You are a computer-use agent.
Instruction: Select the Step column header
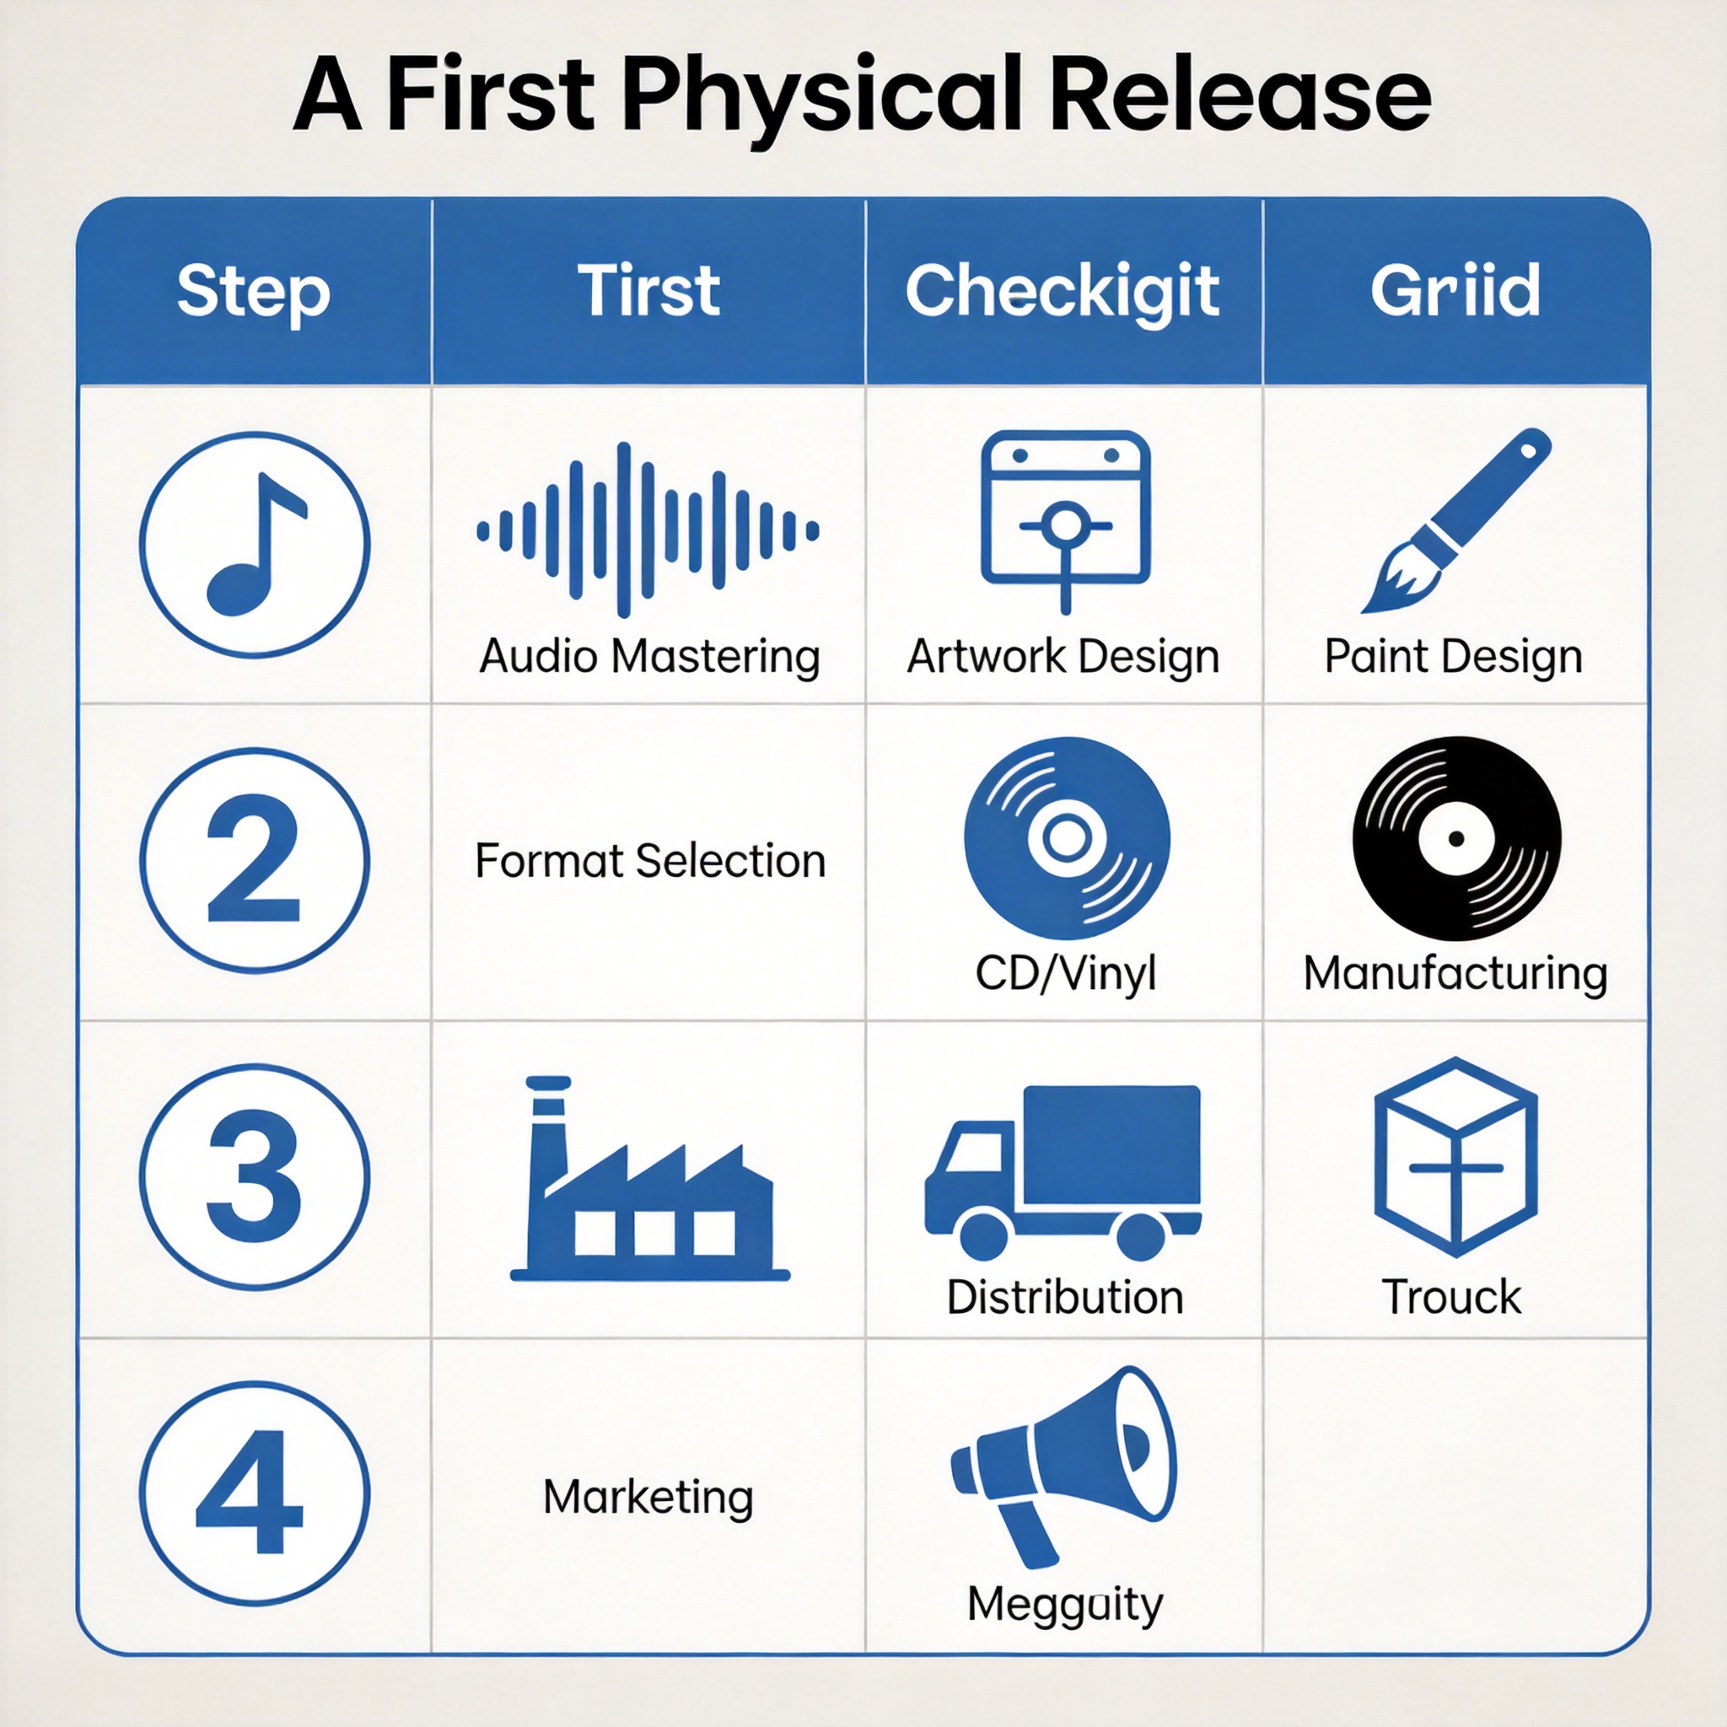coord(254,291)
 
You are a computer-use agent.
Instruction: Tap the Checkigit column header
coord(1062,293)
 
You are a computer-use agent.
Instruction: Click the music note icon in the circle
coord(255,545)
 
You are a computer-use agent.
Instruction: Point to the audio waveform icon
coord(648,530)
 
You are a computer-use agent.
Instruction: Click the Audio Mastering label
coord(650,656)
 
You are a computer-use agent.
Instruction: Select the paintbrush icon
coord(1456,520)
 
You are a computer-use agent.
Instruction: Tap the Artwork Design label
coord(1063,656)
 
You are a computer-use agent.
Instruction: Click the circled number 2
coord(255,860)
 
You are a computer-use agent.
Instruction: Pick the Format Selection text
coord(650,861)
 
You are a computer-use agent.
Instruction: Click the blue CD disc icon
coord(1067,837)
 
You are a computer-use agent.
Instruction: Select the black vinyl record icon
coord(1456,838)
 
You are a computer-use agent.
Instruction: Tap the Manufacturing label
coord(1455,972)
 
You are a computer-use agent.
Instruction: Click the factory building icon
coord(650,1179)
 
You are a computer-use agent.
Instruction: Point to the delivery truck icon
coord(1063,1173)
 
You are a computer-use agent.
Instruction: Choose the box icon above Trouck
coord(1455,1157)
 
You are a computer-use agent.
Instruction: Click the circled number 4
coord(255,1493)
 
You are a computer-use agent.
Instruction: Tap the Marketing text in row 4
coord(648,1497)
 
